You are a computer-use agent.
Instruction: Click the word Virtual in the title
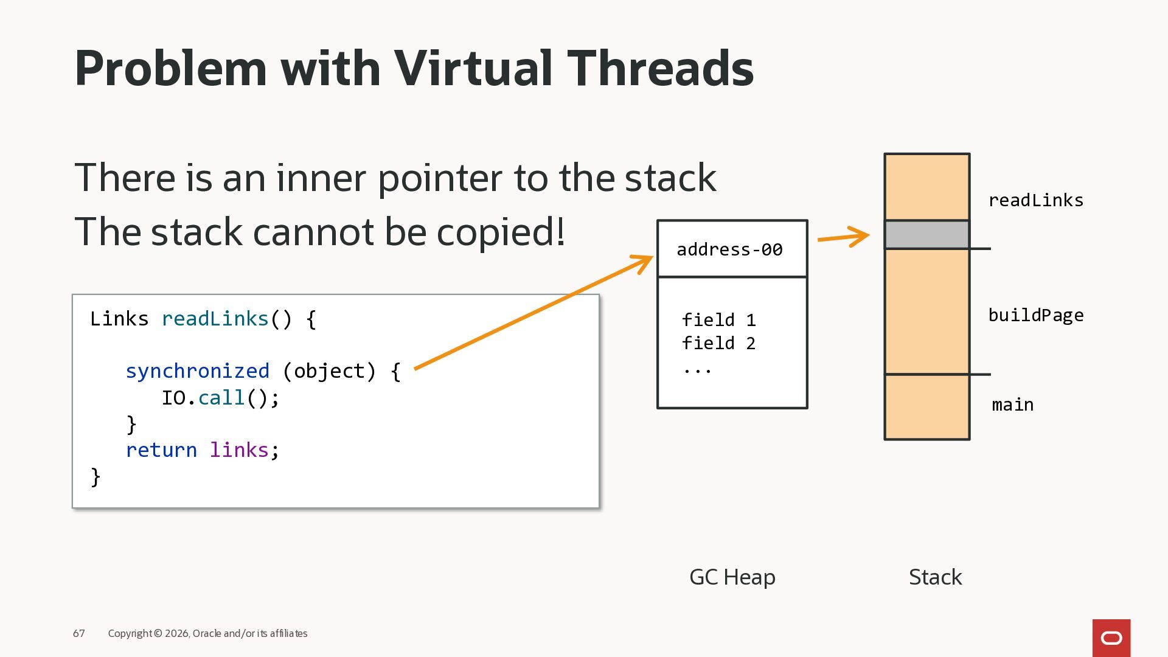coord(474,68)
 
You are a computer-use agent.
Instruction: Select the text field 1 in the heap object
coord(718,320)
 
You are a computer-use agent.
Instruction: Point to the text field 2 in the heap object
coord(718,343)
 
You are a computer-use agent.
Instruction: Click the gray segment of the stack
coord(926,235)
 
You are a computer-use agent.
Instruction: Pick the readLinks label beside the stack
coord(1035,200)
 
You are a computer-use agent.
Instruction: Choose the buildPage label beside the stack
coord(1035,315)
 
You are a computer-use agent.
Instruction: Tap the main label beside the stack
coord(1012,405)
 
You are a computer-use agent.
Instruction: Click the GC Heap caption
coord(732,577)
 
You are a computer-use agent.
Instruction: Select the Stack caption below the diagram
coord(935,577)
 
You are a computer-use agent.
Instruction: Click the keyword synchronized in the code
coord(197,371)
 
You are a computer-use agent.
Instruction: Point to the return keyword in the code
coord(161,450)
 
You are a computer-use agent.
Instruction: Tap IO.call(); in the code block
coord(220,398)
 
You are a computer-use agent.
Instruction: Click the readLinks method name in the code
coord(215,319)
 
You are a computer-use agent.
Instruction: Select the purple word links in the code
coord(239,450)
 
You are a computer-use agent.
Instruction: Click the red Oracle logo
coord(1111,638)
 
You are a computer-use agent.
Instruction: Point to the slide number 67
coord(79,633)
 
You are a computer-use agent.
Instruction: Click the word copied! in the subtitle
coord(501,232)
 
